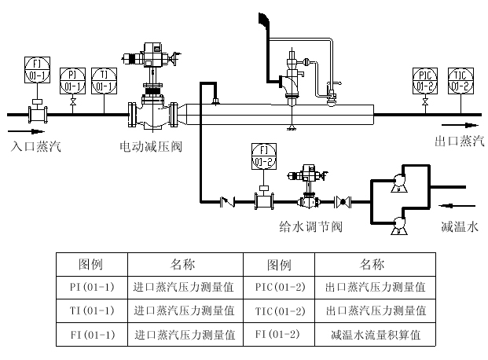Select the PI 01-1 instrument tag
[73, 79]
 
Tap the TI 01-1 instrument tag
[105, 79]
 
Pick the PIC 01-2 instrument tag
[425, 80]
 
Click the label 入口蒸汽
[35, 146]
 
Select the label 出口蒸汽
[460, 141]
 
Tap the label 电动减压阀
[150, 146]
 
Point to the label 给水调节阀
[310, 227]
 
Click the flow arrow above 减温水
[457, 207]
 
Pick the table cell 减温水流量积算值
[376, 334]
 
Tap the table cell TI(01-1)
[92, 310]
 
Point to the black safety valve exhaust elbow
[261, 20]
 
